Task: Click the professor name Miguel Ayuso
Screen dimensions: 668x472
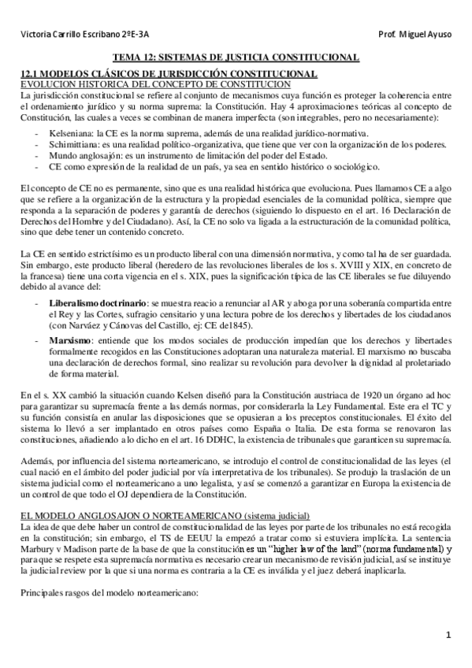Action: click(x=429, y=34)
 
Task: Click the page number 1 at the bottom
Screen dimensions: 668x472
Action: click(x=447, y=635)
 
